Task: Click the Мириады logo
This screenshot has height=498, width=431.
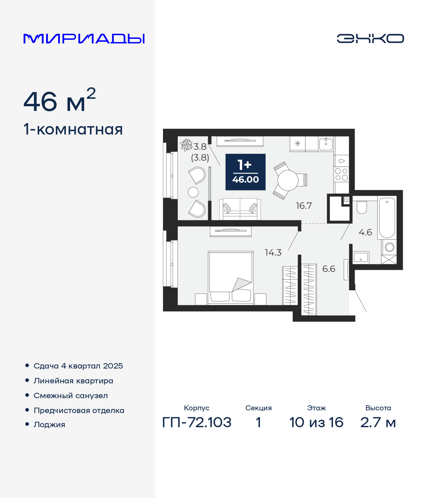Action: (x=84, y=39)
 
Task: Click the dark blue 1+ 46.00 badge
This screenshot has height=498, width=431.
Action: (x=245, y=172)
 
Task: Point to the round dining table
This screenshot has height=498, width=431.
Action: (x=288, y=180)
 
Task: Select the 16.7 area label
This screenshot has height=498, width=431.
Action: (x=304, y=206)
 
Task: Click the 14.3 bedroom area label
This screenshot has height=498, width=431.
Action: (x=273, y=253)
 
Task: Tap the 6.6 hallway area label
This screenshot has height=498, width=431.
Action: (x=329, y=269)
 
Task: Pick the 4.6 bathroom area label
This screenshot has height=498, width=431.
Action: (x=365, y=232)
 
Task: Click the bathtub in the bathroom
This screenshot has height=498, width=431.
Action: (x=387, y=218)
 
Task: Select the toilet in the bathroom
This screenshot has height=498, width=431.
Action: (x=362, y=208)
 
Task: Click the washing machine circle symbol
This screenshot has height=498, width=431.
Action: (x=390, y=247)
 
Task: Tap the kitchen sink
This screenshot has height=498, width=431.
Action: (x=326, y=144)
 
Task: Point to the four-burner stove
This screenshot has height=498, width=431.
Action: (x=341, y=174)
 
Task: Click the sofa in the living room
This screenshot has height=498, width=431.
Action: (x=240, y=209)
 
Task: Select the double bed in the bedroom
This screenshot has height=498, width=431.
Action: (x=231, y=278)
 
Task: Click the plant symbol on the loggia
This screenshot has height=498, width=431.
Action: (x=186, y=145)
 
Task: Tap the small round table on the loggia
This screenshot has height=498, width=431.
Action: (x=193, y=192)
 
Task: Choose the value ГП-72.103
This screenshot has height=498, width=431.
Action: (x=197, y=422)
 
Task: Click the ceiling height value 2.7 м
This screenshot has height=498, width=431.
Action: (x=378, y=422)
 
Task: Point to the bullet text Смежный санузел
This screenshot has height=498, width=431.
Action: (x=71, y=396)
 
